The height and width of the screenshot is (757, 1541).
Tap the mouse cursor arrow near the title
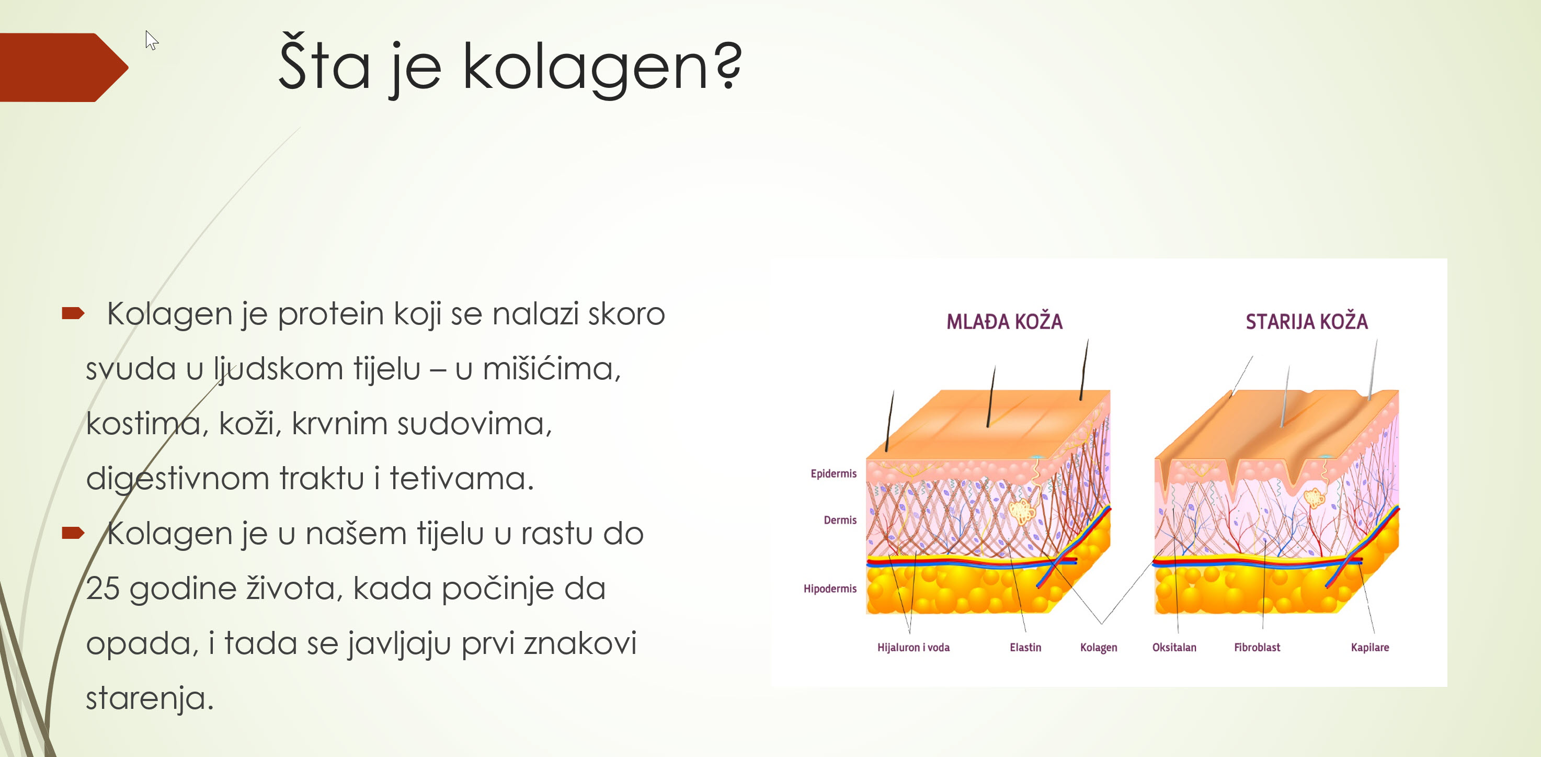pyautogui.click(x=151, y=40)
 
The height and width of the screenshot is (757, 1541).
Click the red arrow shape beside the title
pyautogui.click(x=64, y=67)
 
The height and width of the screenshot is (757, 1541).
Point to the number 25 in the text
pyautogui.click(x=102, y=588)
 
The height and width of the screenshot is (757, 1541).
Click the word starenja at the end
pyautogui.click(x=150, y=698)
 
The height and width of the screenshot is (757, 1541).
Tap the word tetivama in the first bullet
pyautogui.click(x=461, y=478)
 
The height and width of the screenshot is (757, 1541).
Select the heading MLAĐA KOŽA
pyautogui.click(x=1004, y=321)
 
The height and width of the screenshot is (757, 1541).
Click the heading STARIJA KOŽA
pyautogui.click(x=1307, y=321)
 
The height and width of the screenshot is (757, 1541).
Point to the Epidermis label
pyautogui.click(x=834, y=473)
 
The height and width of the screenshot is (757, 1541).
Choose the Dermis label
pyautogui.click(x=840, y=520)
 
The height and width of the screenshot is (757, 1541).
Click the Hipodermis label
pyautogui.click(x=830, y=589)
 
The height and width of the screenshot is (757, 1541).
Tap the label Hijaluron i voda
pyautogui.click(x=914, y=648)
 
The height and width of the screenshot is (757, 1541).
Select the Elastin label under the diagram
pyautogui.click(x=1025, y=648)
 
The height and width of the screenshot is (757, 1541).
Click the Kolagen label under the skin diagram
pyautogui.click(x=1098, y=648)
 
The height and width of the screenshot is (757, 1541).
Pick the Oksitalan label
pyautogui.click(x=1174, y=648)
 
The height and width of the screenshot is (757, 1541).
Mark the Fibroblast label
pyautogui.click(x=1257, y=648)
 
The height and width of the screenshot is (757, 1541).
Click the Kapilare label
pyautogui.click(x=1370, y=648)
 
